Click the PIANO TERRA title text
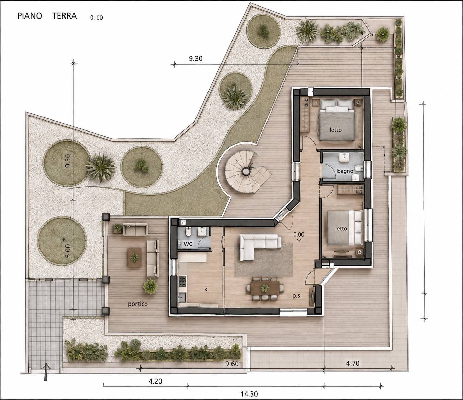[47, 16]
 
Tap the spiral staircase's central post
[246, 172]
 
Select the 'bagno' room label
[345, 171]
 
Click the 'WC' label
[188, 244]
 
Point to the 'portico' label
[138, 304]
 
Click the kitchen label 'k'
[206, 289]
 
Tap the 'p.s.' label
[297, 296]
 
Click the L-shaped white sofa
[260, 247]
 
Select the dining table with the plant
[265, 288]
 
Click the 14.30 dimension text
[249, 394]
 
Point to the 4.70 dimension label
[353, 363]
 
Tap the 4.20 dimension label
[155, 375]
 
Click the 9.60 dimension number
[232, 364]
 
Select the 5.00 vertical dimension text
[68, 251]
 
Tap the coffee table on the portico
[134, 258]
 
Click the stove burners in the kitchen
[182, 282]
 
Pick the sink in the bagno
[343, 158]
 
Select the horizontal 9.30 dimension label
[195, 59]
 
